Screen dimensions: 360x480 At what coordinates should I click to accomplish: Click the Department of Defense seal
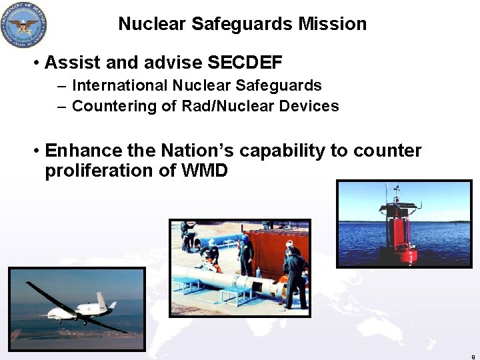[x=24, y=24]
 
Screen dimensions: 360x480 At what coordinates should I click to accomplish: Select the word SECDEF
[x=245, y=63]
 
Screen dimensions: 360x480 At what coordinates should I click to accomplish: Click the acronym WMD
[x=203, y=171]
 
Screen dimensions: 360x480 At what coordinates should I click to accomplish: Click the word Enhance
[x=84, y=151]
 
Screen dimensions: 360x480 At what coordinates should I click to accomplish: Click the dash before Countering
[x=61, y=107]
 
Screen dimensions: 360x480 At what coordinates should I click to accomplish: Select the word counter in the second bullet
[x=387, y=151]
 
